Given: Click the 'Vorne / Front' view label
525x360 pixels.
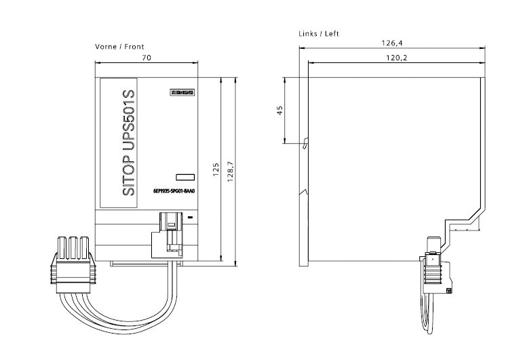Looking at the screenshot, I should point(119,47).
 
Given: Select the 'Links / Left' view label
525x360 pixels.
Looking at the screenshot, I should point(318,33).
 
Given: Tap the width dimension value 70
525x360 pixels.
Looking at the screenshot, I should point(146,59).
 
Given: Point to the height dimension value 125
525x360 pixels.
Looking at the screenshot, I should point(215,169).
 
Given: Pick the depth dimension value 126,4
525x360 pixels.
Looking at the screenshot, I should point(391,43).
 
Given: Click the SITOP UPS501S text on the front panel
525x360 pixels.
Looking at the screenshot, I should point(130,142).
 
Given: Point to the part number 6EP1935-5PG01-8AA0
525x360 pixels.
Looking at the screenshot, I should point(174,192).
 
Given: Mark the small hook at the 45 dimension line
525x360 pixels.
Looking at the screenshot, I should point(305,143).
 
